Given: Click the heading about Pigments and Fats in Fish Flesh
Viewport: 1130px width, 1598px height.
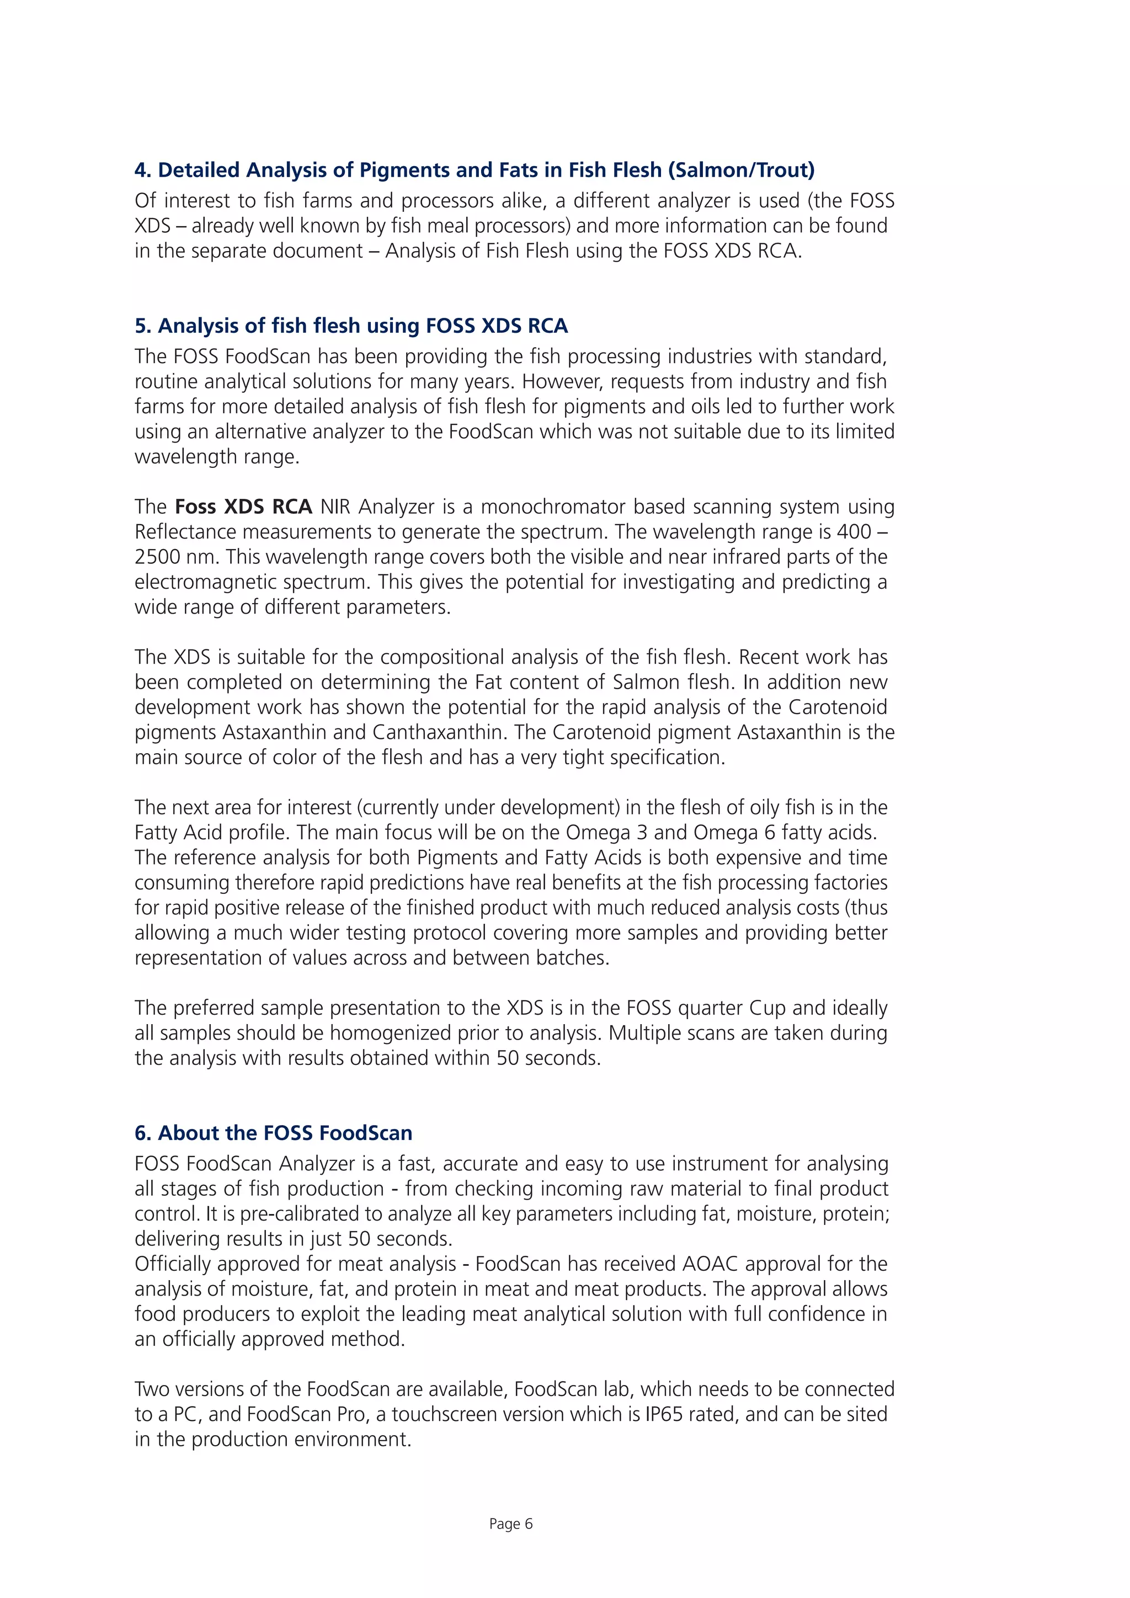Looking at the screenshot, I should coord(474,170).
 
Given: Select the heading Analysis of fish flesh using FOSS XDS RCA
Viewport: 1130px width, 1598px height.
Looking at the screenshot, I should coord(351,326).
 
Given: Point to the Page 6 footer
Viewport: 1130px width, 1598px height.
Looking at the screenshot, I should coord(511,1524).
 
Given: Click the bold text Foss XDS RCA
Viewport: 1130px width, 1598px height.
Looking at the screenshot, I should coord(243,507).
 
